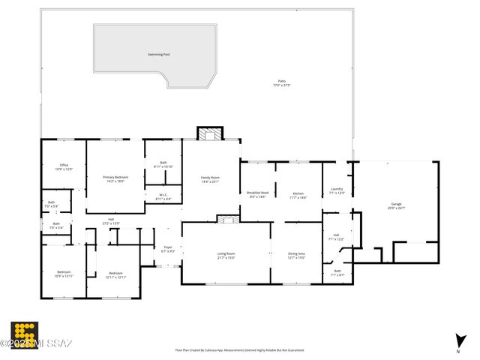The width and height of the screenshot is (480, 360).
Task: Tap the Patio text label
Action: pyautogui.click(x=281, y=82)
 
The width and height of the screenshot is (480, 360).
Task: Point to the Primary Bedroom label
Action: pyautogui.click(x=115, y=178)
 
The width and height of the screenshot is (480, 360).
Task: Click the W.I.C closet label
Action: pyautogui.click(x=163, y=196)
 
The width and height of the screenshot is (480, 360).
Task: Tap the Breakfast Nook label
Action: pyautogui.click(x=257, y=194)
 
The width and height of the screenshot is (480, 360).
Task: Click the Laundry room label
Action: pyautogui.click(x=337, y=190)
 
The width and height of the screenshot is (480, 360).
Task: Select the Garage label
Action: pyautogui.click(x=395, y=205)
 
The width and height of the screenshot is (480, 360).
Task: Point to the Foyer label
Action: pyautogui.click(x=168, y=249)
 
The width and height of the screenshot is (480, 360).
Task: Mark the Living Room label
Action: pyautogui.click(x=226, y=255)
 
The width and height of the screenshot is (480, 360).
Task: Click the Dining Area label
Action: pyautogui.click(x=296, y=255)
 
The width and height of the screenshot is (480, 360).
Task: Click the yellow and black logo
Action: pyautogui.click(x=25, y=334)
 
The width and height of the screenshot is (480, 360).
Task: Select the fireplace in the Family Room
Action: pyautogui.click(x=210, y=133)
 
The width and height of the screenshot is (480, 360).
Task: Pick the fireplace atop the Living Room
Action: pyautogui.click(x=226, y=218)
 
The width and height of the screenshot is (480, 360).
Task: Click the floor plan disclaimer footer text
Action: pyautogui.click(x=240, y=349)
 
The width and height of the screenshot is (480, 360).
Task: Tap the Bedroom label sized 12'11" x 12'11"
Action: pyautogui.click(x=115, y=274)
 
